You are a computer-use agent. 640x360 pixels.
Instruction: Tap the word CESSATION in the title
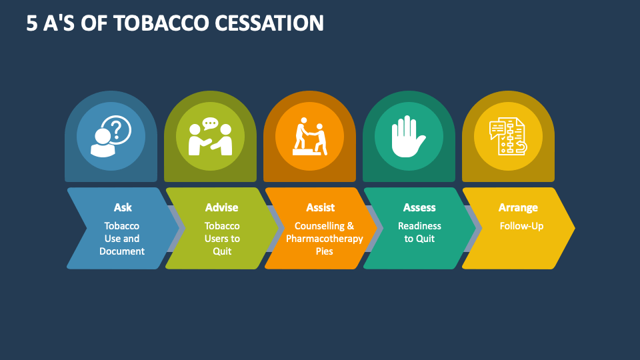tap(269, 23)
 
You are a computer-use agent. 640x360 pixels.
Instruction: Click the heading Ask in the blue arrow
tap(123, 207)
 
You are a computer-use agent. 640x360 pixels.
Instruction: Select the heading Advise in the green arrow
tap(221, 207)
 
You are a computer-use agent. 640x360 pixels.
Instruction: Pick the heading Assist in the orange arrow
tap(321, 207)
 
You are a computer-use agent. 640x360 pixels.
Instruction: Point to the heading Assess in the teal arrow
tap(419, 207)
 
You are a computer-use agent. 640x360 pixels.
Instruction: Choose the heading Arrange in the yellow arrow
tap(518, 208)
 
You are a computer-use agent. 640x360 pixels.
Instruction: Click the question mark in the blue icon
tap(116, 129)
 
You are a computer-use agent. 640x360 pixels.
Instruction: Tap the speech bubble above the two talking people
tap(211, 124)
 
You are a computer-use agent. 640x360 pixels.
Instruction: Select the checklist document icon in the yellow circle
tap(508, 136)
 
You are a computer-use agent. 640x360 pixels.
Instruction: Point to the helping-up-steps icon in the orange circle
tap(310, 136)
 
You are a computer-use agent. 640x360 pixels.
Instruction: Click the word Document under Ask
tap(121, 251)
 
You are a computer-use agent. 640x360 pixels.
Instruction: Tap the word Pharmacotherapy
tap(325, 239)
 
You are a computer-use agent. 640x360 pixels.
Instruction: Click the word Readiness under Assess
tap(419, 226)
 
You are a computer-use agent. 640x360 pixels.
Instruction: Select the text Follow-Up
tap(521, 226)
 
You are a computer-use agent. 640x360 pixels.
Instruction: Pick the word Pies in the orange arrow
tap(325, 251)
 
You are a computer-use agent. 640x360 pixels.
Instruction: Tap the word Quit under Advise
tap(222, 251)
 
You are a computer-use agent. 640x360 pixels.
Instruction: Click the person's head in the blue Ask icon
tap(103, 136)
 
